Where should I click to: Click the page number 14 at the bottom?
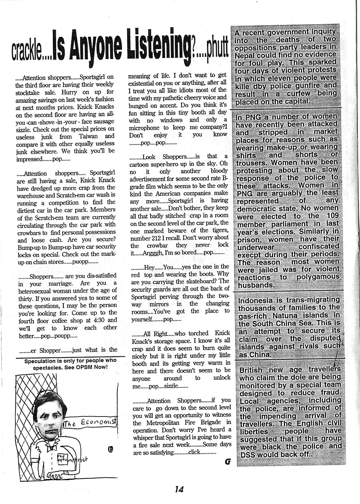(179, 489)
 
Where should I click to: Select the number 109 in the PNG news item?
(330, 216)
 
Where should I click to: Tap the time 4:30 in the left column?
(95, 320)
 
